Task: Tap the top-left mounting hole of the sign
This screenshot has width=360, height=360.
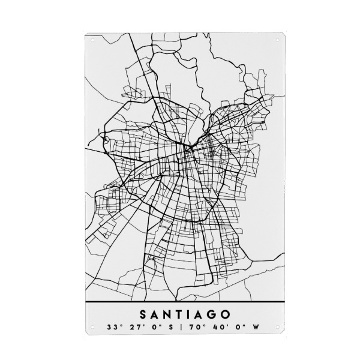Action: pyautogui.click(x=92, y=40)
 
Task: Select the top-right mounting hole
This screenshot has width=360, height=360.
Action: pyautogui.click(x=277, y=40)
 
